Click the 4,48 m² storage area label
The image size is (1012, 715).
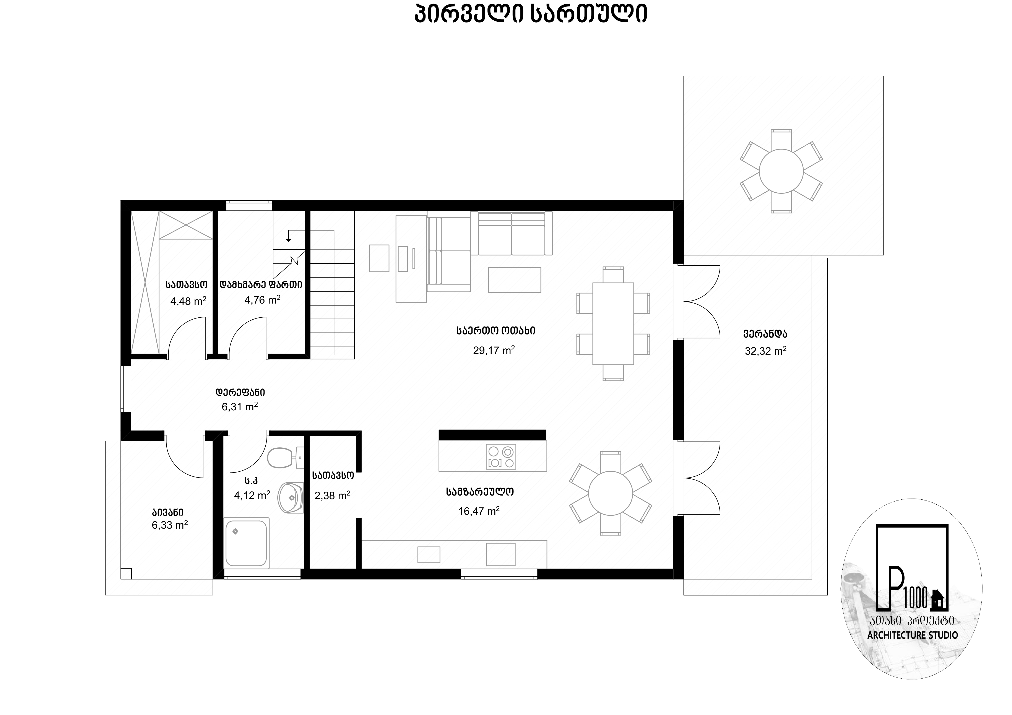188,301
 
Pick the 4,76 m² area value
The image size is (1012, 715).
262,300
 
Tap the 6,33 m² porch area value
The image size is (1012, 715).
170,525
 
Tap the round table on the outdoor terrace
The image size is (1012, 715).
781,171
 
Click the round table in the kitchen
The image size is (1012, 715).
611,493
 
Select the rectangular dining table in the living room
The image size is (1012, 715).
613,323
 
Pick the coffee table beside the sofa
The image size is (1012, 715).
514,280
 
